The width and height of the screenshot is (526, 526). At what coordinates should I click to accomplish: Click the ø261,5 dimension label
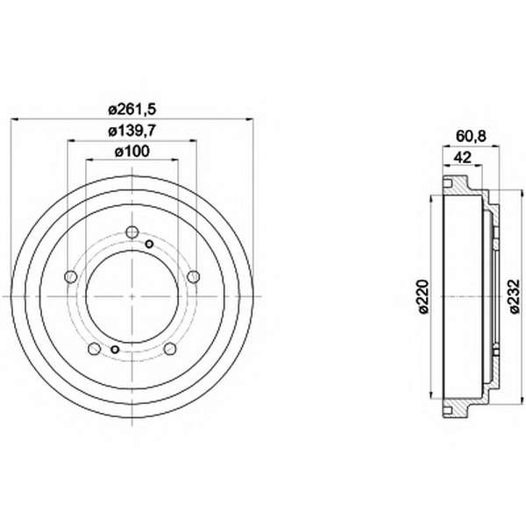132,110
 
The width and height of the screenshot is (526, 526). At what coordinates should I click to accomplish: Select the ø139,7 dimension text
132,131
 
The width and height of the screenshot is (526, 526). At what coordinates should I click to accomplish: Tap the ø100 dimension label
132,152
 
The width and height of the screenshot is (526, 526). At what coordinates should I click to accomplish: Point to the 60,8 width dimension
471,137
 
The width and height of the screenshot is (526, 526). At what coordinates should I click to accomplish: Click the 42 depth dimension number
463,157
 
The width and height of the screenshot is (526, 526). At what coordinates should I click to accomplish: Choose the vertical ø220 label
424,296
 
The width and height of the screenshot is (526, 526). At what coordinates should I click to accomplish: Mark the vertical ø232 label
515,296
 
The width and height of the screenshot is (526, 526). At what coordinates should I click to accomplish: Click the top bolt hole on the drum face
132,231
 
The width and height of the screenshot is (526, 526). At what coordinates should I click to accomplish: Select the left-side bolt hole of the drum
70,277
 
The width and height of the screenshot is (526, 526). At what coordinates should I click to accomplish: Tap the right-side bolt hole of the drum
194,277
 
